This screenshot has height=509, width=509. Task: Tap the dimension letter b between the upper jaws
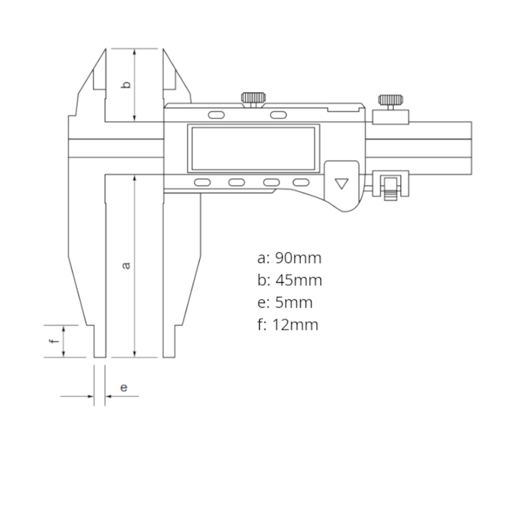click(127, 84)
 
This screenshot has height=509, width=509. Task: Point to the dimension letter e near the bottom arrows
click(123, 387)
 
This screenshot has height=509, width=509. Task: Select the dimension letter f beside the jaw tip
click(53, 341)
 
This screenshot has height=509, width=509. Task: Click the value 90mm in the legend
click(298, 258)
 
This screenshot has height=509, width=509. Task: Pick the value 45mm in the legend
click(298, 280)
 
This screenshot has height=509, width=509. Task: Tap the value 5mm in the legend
click(294, 302)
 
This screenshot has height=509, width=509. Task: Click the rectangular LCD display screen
click(253, 148)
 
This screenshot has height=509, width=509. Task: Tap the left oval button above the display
click(215, 116)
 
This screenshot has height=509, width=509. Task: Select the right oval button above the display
click(277, 116)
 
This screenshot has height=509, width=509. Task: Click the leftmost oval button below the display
click(202, 182)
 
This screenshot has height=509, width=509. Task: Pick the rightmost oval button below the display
click(301, 182)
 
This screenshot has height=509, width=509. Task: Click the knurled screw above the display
click(252, 98)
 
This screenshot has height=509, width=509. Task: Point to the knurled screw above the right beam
click(390, 100)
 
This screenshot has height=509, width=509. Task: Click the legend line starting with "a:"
click(289, 258)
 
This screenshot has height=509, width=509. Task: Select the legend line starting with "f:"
click(287, 325)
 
